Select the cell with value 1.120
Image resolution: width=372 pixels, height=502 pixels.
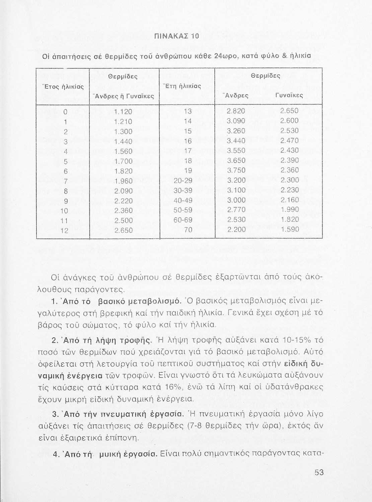coord(123,111)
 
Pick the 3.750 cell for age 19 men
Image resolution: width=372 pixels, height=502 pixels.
coord(236,171)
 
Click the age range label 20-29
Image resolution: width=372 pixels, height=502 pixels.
coord(188,181)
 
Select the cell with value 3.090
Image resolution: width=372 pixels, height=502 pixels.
coord(236,121)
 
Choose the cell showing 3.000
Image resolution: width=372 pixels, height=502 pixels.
coord(236,200)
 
